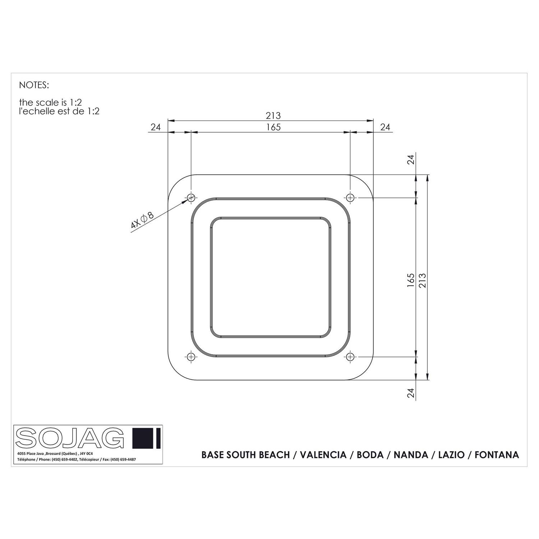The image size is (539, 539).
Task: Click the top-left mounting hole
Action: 191,197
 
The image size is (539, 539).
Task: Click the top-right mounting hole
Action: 350,197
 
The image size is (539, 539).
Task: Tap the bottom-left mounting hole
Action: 191,356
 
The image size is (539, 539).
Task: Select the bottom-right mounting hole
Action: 350,356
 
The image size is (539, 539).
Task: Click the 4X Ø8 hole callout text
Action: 142,220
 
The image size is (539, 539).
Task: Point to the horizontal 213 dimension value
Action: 273,116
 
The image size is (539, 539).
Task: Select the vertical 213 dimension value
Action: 422,280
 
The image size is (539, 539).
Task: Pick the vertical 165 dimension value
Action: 411,280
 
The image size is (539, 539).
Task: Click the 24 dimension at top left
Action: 155,127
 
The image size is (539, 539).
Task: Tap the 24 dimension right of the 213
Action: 385,127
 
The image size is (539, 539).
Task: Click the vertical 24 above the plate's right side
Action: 411,159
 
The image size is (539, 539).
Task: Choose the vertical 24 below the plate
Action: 411,393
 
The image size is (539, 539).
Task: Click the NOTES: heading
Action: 33,85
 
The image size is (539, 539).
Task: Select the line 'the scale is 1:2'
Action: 50,103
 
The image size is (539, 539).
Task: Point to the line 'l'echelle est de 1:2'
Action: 59,111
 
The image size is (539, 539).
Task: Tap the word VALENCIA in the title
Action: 323,455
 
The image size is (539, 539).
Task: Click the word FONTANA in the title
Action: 497,455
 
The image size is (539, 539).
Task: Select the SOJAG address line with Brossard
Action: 55,454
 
